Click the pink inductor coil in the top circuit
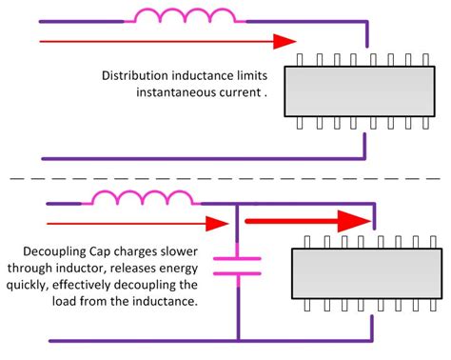point(185,16)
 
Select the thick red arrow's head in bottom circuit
point(354,221)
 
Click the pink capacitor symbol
point(237,264)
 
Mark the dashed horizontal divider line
point(225,178)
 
